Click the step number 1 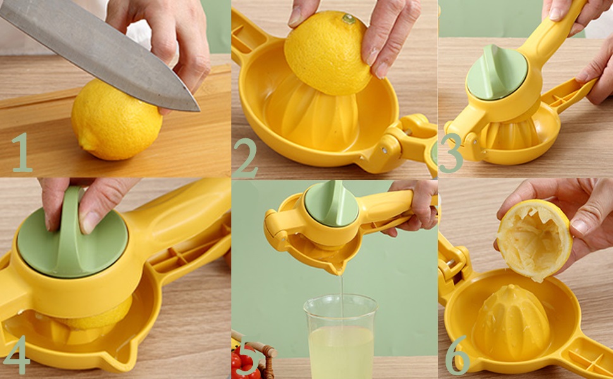pos(22,152)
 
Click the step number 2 pos(245,159)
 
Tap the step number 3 pos(451,153)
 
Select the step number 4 pos(16,354)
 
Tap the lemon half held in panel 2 pos(327,53)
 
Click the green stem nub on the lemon pos(348,18)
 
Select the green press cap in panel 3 pos(497,72)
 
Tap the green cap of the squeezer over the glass pos(332,204)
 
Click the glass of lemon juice pos(341,337)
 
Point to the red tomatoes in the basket pos(245,364)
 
